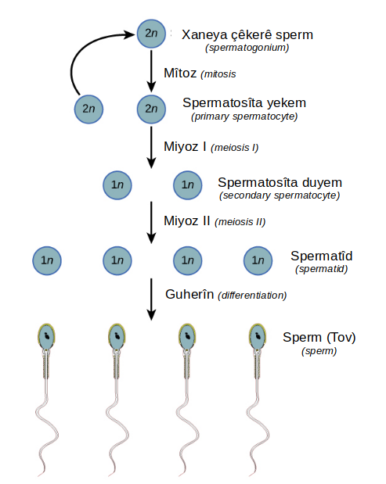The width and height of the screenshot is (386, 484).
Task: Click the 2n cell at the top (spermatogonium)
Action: pos(151,34)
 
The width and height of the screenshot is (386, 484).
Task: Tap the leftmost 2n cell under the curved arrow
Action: pos(88,109)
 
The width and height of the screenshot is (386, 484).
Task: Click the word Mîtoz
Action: pos(180,73)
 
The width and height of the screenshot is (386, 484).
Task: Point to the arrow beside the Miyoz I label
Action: pos(151,148)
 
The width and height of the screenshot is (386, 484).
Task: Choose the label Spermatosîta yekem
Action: pos(244,102)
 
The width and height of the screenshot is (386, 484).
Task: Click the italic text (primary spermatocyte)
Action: pos(244,117)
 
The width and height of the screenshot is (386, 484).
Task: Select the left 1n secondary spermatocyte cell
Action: pos(117,185)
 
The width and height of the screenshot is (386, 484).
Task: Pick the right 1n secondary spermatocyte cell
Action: pos(188,185)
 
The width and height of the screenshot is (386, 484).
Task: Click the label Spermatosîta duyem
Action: pos(280,182)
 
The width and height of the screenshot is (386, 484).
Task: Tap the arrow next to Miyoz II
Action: pos(151,223)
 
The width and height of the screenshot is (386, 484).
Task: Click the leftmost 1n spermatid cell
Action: pos(47,260)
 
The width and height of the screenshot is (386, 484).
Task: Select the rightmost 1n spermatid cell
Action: pos(258,260)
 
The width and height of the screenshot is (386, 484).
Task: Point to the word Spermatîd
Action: pos(322,256)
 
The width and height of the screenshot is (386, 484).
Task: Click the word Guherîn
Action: pos(189,294)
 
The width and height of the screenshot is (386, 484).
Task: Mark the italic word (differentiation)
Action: pos(252,296)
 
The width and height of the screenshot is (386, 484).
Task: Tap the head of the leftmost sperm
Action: pos(47,336)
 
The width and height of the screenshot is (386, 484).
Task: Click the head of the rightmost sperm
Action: pos(258,336)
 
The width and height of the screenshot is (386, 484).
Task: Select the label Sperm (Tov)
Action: pos(319,337)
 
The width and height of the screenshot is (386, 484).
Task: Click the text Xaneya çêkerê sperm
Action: pos(247,35)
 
